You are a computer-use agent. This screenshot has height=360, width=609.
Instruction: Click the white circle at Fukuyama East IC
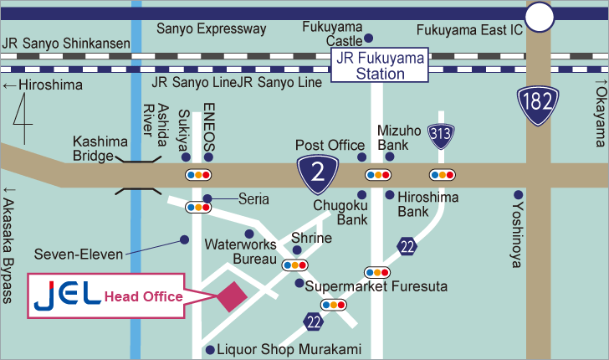click(x=540, y=16)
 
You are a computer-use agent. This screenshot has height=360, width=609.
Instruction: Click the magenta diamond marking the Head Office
click(x=229, y=297)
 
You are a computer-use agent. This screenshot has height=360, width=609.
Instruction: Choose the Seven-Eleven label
click(x=79, y=253)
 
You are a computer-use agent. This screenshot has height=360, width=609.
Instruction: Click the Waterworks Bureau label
click(x=241, y=252)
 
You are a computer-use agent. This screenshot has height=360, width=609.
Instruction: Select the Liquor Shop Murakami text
click(x=289, y=350)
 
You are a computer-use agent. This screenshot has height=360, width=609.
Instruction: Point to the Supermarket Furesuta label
click(x=376, y=286)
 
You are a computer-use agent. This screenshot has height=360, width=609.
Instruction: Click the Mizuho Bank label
click(x=391, y=137)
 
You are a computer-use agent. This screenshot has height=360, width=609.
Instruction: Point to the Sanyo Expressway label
click(x=212, y=29)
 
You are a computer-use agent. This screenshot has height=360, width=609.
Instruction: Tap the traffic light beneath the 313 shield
click(x=442, y=175)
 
